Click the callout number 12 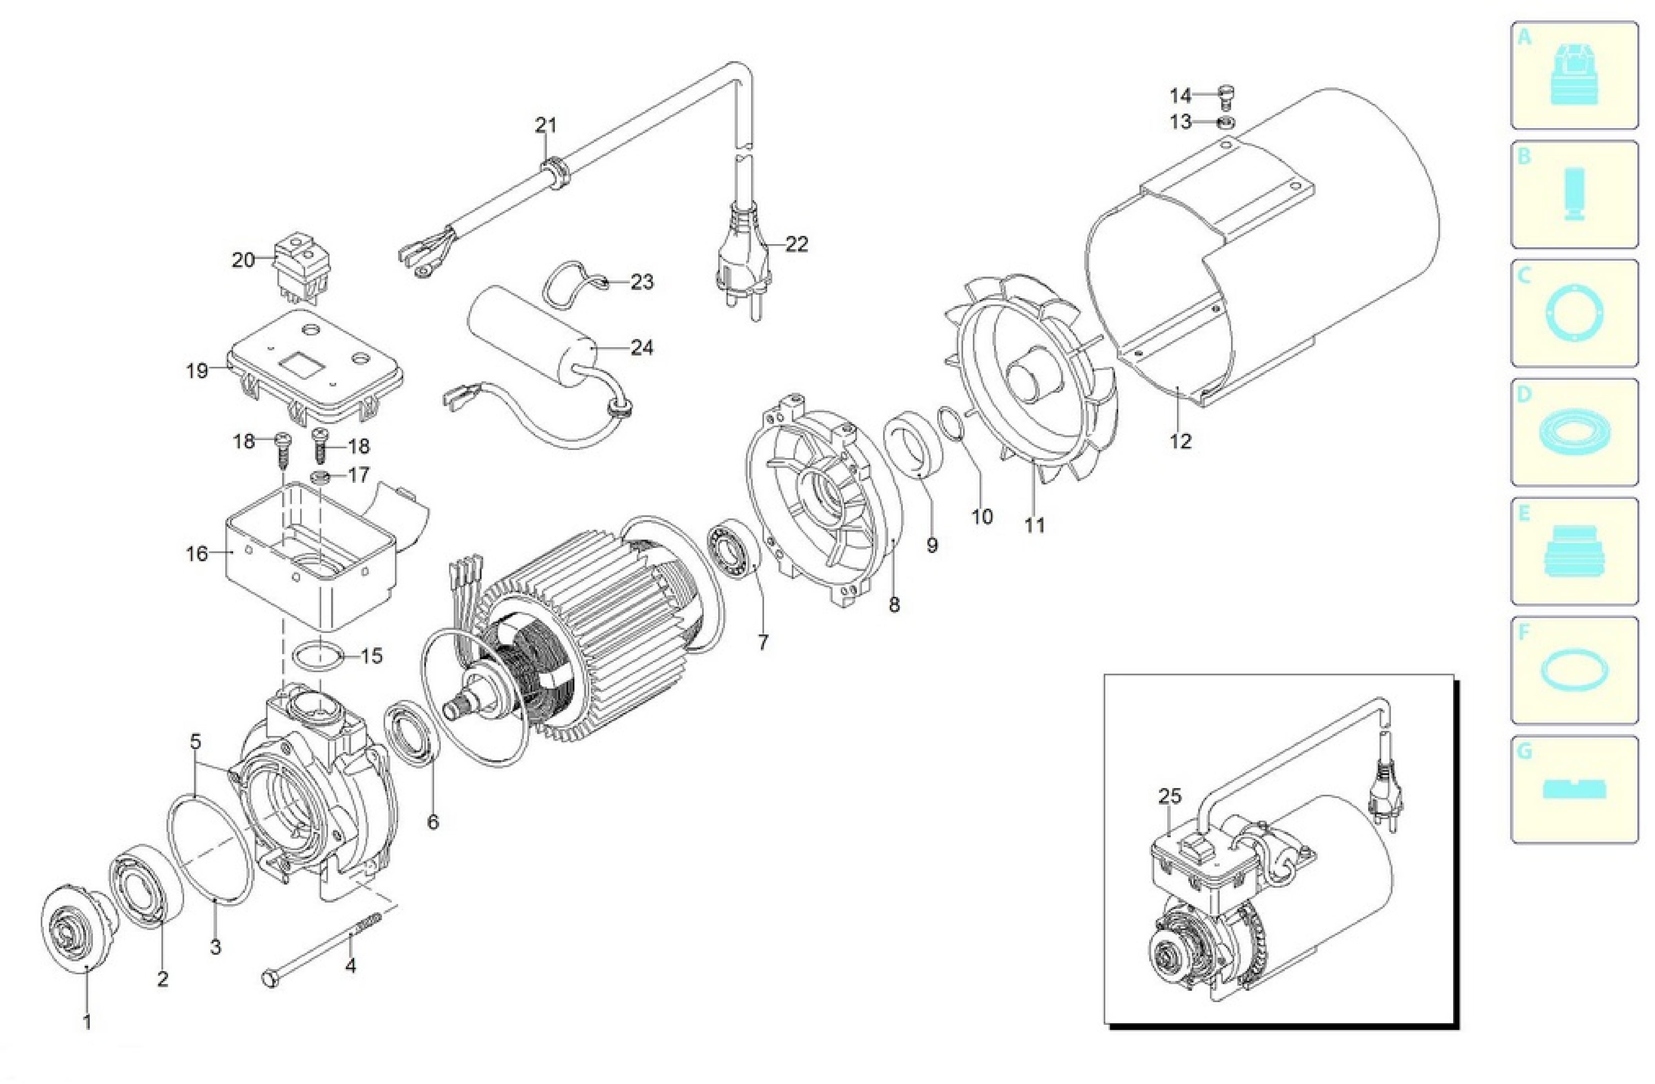(x=1180, y=441)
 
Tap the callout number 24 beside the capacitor (x=641, y=347)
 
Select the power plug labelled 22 (x=742, y=257)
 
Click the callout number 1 (x=87, y=1022)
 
